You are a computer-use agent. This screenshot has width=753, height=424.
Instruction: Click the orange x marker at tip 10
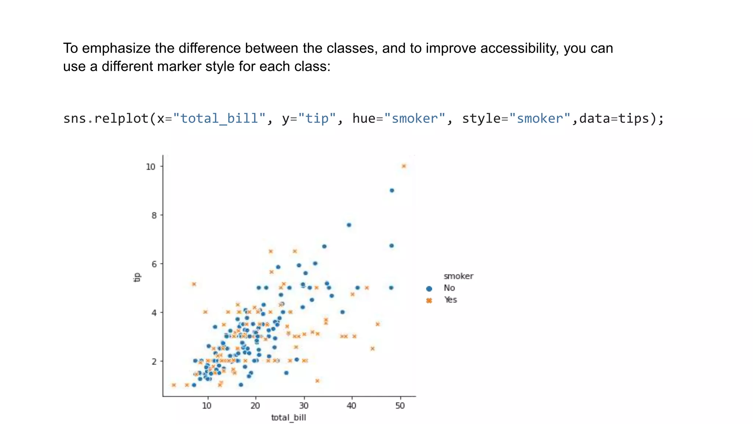click(x=404, y=166)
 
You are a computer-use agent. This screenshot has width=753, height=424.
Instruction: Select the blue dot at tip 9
click(x=392, y=190)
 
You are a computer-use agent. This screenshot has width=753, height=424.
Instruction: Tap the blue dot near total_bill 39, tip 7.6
click(x=349, y=225)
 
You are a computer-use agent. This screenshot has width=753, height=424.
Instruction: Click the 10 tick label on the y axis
click(x=151, y=167)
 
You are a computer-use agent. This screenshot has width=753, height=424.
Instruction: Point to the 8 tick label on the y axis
click(x=154, y=215)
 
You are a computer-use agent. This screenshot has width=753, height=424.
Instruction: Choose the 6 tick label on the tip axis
click(x=154, y=264)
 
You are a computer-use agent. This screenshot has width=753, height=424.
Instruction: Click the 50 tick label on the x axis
click(x=400, y=406)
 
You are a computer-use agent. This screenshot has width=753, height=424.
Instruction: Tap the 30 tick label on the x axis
click(x=304, y=406)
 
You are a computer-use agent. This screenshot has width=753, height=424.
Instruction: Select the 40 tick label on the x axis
click(x=351, y=406)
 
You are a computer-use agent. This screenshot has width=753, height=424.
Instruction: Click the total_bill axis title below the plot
click(x=289, y=417)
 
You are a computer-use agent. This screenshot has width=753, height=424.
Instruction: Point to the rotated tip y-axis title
click(x=137, y=277)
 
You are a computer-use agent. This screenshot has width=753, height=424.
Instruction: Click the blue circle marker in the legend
click(x=429, y=289)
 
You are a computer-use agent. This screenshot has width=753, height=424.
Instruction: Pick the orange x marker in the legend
click(x=429, y=300)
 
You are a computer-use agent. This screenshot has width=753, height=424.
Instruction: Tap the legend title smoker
click(x=458, y=276)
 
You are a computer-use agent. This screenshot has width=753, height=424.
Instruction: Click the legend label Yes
click(x=450, y=300)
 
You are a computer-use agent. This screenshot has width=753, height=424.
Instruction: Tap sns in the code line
click(x=75, y=119)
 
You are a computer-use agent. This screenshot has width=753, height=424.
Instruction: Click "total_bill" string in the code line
click(x=219, y=119)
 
